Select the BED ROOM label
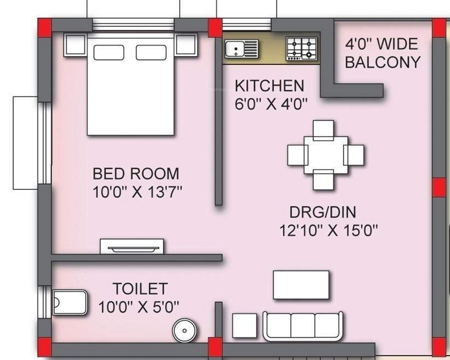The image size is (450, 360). (136, 174)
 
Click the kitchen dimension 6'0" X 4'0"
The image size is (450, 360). (271, 103)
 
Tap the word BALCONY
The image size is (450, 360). (383, 62)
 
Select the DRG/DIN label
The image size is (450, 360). (323, 212)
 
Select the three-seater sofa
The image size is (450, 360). (303, 325)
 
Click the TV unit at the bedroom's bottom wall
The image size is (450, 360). (132, 247)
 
